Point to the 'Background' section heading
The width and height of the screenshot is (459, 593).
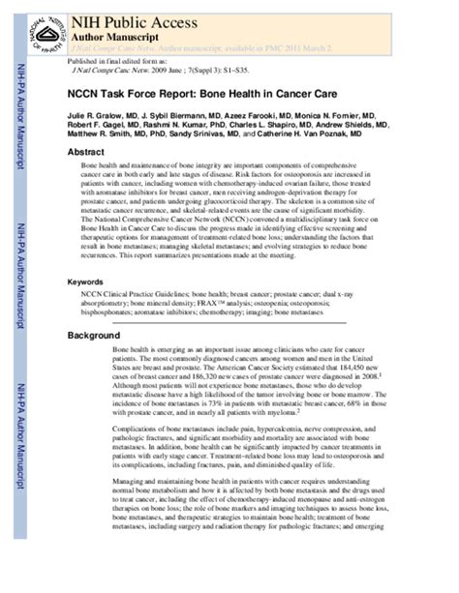(x=94, y=335)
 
